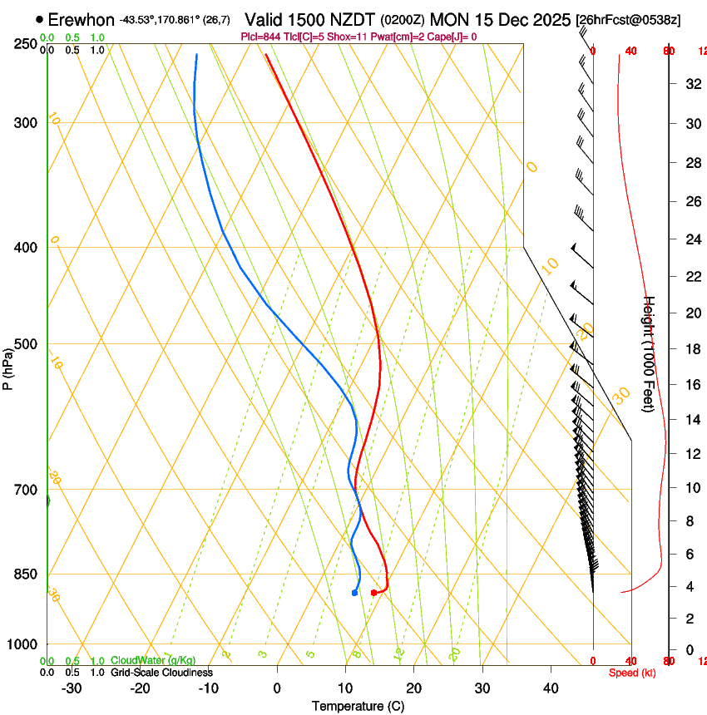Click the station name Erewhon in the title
tap(82, 19)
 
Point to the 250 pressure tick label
tap(26, 44)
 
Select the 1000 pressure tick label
tap(22, 644)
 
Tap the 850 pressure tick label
tap(26, 574)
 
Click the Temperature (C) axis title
tap(358, 706)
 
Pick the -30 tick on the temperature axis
tap(72, 688)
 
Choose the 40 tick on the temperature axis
tap(551, 688)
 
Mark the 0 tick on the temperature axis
tap(277, 688)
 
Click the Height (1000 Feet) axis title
tap(650, 353)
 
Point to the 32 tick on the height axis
tap(690, 84)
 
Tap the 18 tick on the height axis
tap(690, 349)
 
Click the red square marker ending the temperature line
tap(373, 593)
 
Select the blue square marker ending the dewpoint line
tap(354, 593)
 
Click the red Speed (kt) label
tap(631, 673)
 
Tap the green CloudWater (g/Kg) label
tap(153, 661)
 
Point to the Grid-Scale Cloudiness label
tap(161, 673)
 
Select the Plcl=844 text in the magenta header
tap(260, 37)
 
